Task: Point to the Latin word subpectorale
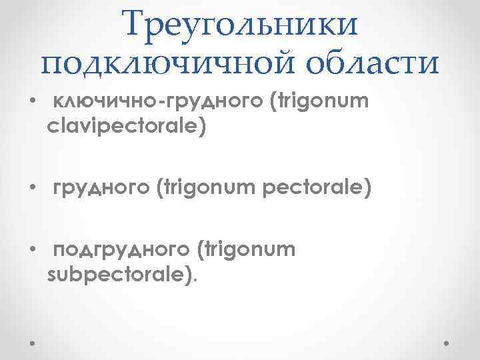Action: pyautogui.click(x=119, y=274)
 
